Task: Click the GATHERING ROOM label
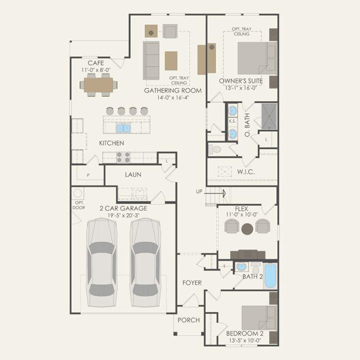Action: [x=173, y=91]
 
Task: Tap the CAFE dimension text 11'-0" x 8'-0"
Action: [x=96, y=70]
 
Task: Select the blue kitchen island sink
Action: [x=123, y=128]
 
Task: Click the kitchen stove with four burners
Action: [x=123, y=157]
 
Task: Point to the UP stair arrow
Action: [x=215, y=193]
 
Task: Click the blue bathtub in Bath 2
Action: [x=270, y=276]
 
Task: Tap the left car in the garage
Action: [x=101, y=263]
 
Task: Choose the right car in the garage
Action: [x=145, y=263]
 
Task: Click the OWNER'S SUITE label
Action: [x=241, y=81]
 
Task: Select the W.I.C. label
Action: [x=246, y=172]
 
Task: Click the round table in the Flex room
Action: [x=247, y=229]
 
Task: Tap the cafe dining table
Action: [x=98, y=85]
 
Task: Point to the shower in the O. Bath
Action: [x=269, y=116]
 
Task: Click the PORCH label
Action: [x=189, y=320]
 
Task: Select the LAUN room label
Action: [x=133, y=175]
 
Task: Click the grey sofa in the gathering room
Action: [x=151, y=61]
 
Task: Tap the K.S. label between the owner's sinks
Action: [x=232, y=121]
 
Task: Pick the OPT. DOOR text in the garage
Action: [x=79, y=205]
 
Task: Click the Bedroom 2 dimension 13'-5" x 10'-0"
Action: [x=245, y=340]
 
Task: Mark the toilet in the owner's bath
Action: [x=215, y=150]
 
